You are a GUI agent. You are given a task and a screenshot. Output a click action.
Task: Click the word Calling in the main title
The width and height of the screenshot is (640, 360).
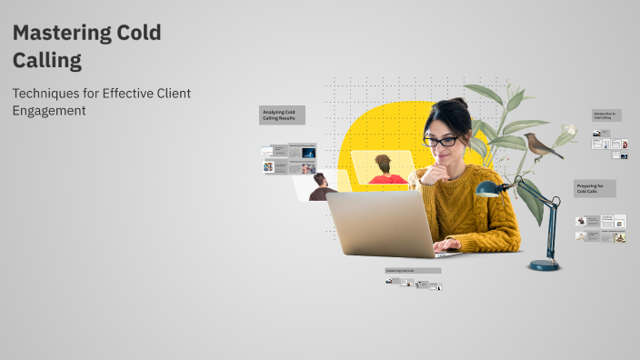coord(47,61)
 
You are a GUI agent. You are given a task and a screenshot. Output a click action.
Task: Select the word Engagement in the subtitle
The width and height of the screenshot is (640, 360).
coord(49,110)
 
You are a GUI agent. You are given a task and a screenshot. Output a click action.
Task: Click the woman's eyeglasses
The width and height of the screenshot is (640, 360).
coord(441,140)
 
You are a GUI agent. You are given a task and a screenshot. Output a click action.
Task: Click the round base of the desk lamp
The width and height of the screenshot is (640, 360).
coord(545,265)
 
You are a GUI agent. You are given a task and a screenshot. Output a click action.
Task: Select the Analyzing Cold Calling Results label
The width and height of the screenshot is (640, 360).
coord(282,115)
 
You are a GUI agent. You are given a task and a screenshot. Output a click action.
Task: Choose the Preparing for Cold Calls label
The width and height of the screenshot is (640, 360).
coord(595,188)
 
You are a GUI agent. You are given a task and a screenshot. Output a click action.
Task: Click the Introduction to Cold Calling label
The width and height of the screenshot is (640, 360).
coord(605,115)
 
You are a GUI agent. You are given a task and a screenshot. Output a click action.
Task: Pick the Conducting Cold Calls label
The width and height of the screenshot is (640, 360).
coord(412,270)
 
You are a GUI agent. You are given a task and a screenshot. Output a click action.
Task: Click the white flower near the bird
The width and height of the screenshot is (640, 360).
coord(569,135)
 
